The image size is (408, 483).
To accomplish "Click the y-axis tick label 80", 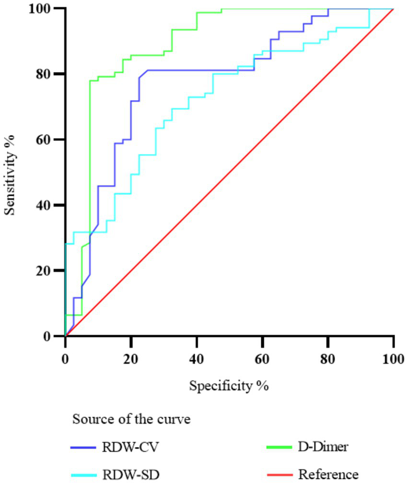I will coord(47,74).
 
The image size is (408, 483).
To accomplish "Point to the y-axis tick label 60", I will coord(47,140).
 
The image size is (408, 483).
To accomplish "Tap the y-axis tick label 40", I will coord(47,205).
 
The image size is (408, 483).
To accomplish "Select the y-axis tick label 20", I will coord(47,271).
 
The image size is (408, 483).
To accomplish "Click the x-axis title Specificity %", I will coord(229,385).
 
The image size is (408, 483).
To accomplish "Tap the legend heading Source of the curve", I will coord(131,419).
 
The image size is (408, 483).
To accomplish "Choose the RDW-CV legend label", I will coord(130,448).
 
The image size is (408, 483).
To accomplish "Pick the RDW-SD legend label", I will coord(130,474).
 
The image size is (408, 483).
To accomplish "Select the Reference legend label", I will coord(328,474).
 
